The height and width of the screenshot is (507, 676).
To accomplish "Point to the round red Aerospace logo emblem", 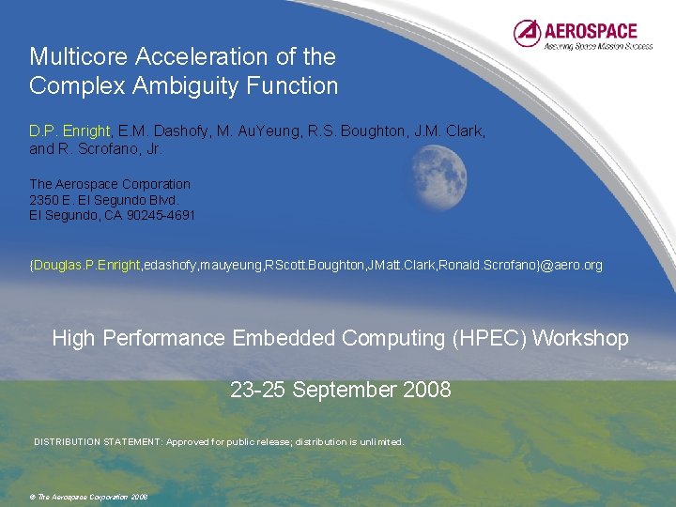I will click(528, 34).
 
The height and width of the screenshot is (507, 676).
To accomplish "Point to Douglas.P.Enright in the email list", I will click(86, 266).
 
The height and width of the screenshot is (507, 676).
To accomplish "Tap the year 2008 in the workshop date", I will click(426, 389).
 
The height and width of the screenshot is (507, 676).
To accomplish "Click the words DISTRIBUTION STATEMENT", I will click(97, 441).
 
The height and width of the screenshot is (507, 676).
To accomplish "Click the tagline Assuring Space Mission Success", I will click(598, 45).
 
